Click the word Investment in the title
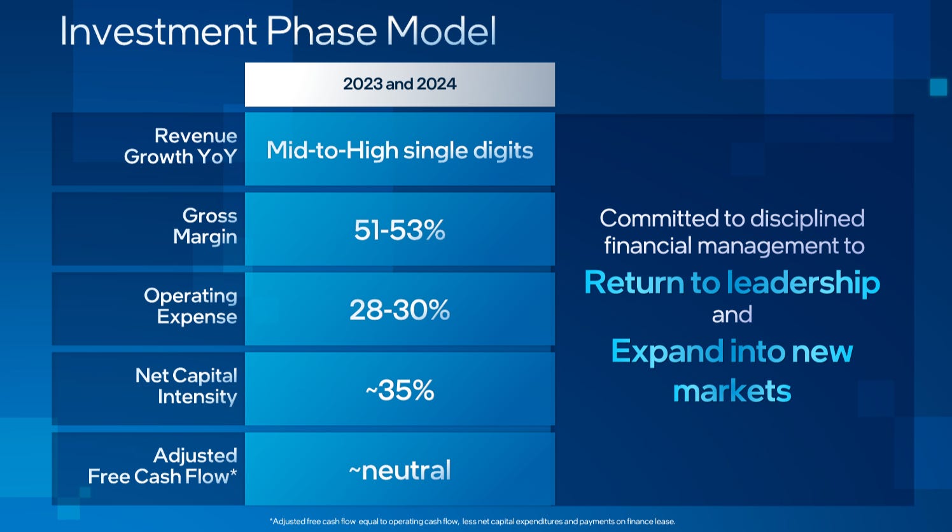point(158,31)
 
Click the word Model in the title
point(441,31)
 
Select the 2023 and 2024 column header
point(400,84)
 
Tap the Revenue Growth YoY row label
point(181,146)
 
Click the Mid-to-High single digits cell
point(400,150)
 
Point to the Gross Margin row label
point(205,226)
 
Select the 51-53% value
point(400,230)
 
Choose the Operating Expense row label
point(190,306)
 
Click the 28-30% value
point(400,310)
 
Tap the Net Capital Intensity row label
point(186,386)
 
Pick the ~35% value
point(400,390)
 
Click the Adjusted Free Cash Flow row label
point(162,466)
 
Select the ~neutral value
point(400,470)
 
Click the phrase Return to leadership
point(732,282)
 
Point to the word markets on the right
point(732,391)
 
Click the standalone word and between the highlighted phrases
point(732,315)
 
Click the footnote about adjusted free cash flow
point(472,521)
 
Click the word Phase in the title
point(322,31)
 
